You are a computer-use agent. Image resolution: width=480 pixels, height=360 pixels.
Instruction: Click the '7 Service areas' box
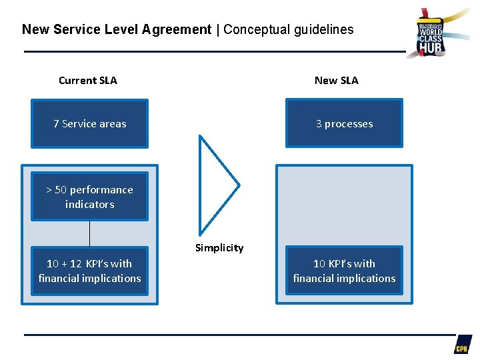90,123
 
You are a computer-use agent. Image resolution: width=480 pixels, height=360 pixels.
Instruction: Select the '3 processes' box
344,123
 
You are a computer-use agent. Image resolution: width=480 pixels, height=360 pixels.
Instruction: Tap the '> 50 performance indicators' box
90,197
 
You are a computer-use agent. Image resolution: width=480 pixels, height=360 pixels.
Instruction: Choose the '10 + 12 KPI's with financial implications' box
90,271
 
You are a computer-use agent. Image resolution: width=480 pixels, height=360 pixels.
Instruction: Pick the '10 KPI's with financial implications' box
344,271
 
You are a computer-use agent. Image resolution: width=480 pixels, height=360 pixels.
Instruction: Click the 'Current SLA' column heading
87,81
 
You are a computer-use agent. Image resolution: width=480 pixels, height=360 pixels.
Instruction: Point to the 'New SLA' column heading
336,81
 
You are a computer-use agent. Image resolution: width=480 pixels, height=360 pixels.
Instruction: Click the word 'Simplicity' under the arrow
219,248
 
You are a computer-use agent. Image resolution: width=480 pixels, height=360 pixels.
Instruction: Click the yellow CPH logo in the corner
462,345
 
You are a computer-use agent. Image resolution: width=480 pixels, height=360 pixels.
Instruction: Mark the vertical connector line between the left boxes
89,233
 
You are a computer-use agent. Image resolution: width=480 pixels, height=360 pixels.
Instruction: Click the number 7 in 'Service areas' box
57,123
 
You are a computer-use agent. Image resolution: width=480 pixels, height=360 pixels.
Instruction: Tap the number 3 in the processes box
319,123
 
